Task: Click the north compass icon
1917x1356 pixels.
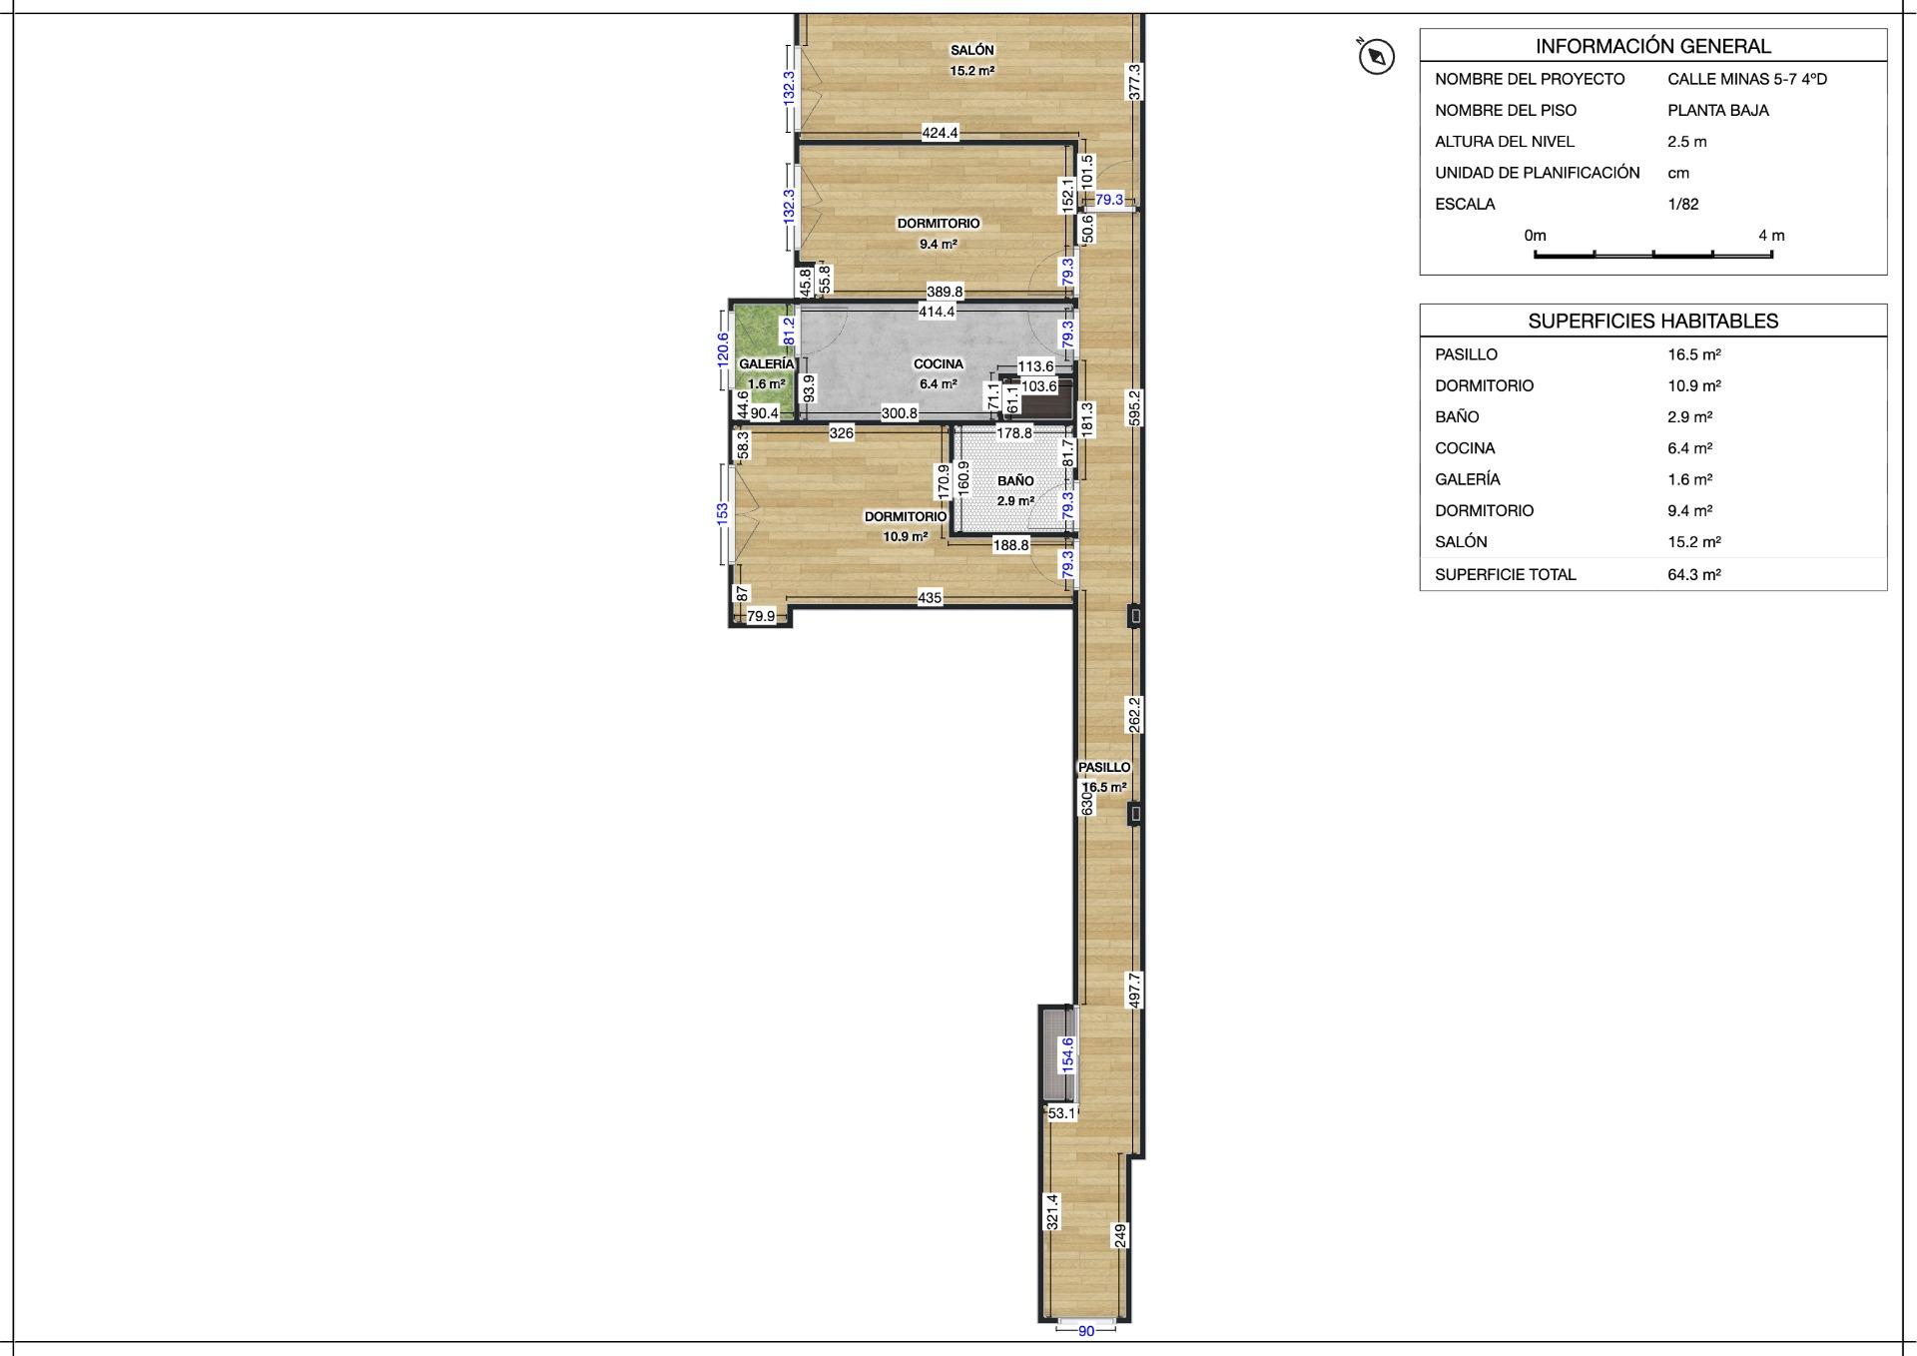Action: coord(1376,57)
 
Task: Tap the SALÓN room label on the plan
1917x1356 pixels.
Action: coord(971,50)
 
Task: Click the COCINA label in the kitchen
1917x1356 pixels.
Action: coord(939,364)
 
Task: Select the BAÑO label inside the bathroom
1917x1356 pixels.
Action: coord(1015,481)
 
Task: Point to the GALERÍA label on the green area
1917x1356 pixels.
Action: coord(767,364)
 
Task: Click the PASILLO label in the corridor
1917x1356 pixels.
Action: coord(1104,768)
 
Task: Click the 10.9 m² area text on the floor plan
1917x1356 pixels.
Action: coord(906,537)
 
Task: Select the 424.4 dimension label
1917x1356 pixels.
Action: coord(940,133)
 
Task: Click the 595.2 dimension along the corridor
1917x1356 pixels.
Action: coord(1134,408)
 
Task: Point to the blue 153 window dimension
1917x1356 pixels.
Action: coord(722,513)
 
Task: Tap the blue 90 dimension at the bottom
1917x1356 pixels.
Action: coord(1086,1331)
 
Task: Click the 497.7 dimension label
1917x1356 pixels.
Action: coord(1134,990)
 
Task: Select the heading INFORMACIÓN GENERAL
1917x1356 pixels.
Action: coord(1653,46)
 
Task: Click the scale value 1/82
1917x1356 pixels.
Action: coord(1683,205)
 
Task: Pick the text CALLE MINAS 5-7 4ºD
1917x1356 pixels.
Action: coord(1747,79)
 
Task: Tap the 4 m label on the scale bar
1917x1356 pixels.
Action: coord(1771,236)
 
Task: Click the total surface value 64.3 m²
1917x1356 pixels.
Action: coord(1694,575)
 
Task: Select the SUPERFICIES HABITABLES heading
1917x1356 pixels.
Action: coord(1653,322)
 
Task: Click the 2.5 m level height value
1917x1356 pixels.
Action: coord(1687,142)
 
